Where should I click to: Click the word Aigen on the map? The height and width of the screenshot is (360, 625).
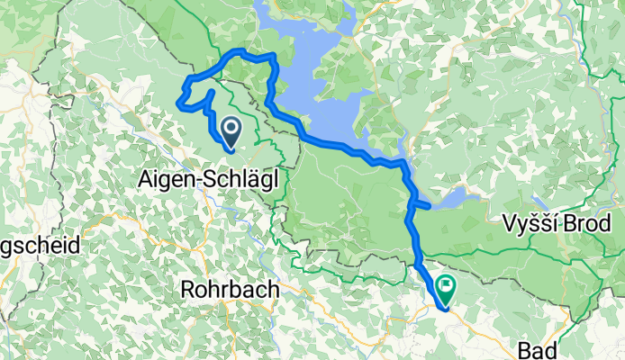(x=165, y=179)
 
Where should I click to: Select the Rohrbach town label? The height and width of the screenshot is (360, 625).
(x=230, y=290)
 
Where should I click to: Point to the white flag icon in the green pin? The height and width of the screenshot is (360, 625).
(x=445, y=286)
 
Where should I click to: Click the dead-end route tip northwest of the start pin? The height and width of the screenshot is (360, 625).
(x=211, y=92)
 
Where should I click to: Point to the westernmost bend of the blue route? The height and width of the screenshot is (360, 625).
(x=180, y=104)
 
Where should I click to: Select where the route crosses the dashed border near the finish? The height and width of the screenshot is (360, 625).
(x=419, y=265)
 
